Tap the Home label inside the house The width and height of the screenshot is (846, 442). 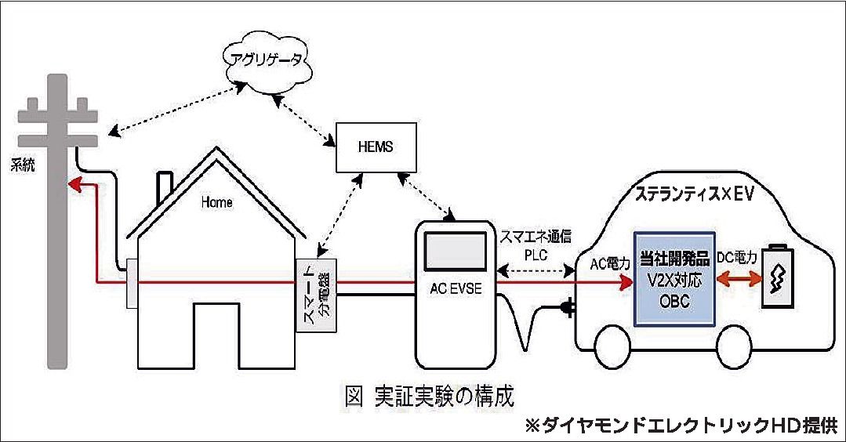click(x=217, y=202)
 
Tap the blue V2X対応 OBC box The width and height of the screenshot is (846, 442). click(x=675, y=278)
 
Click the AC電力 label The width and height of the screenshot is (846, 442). click(x=607, y=264)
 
